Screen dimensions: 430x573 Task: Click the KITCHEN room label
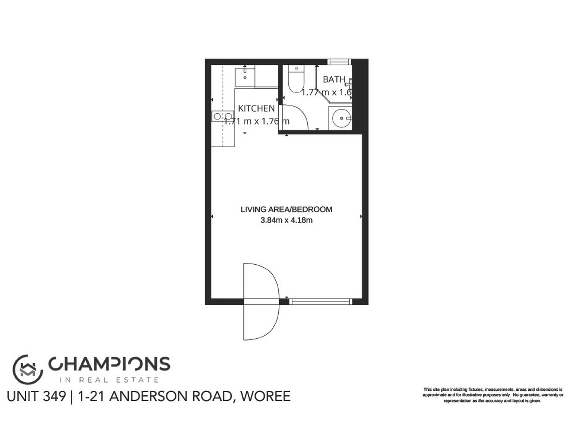(256, 108)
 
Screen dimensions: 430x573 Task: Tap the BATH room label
(334, 79)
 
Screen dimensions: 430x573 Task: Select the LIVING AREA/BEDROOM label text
(286, 209)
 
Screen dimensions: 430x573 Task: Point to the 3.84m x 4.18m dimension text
(286, 220)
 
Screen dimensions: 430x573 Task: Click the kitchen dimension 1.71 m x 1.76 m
(256, 121)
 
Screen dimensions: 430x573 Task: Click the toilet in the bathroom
(296, 79)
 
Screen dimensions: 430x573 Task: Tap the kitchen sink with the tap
(245, 77)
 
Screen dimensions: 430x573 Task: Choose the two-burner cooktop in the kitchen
(223, 116)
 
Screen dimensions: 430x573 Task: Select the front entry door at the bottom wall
(261, 302)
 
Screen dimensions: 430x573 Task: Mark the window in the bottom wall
(321, 301)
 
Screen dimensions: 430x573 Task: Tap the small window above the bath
(340, 62)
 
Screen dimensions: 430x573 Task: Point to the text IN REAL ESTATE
(109, 380)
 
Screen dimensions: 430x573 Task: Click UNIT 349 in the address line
(36, 397)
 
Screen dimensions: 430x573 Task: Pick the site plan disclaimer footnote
(492, 395)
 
